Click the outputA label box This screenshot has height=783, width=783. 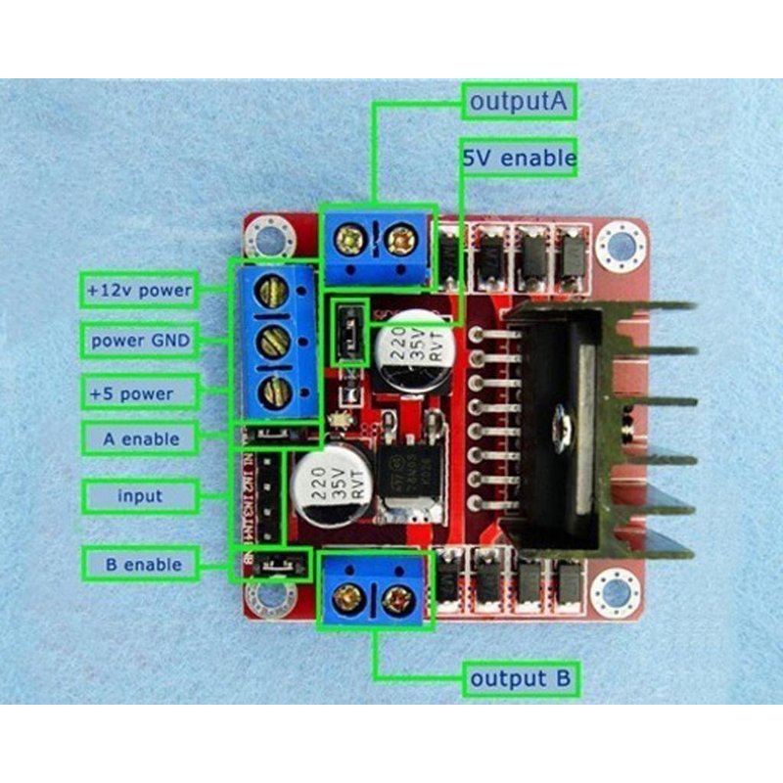[x=520, y=101]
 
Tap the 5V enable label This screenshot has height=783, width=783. [x=519, y=156]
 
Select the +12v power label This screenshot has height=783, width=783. [x=139, y=291]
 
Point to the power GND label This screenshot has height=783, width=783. [x=139, y=342]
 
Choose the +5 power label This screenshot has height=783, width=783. [x=139, y=393]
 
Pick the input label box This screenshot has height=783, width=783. [x=139, y=495]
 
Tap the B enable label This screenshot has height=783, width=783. [x=139, y=564]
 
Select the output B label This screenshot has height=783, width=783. [x=522, y=677]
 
